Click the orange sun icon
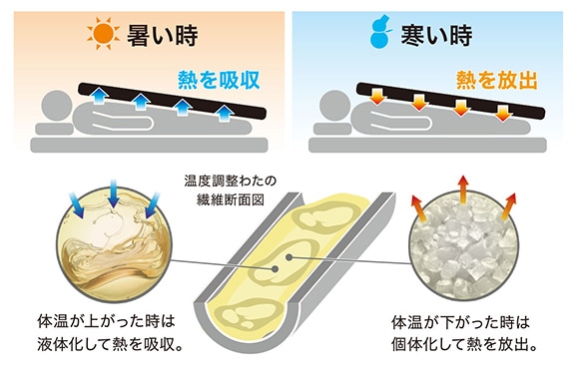(102, 35)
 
